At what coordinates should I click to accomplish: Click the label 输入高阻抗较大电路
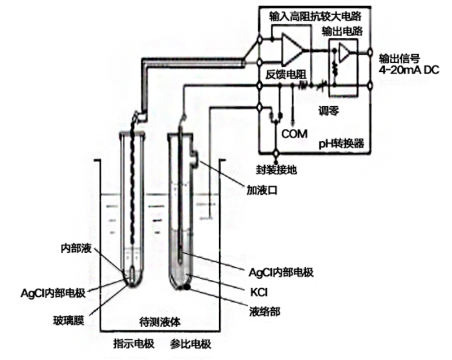point(315,18)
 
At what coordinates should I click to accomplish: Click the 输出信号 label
point(396,58)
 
